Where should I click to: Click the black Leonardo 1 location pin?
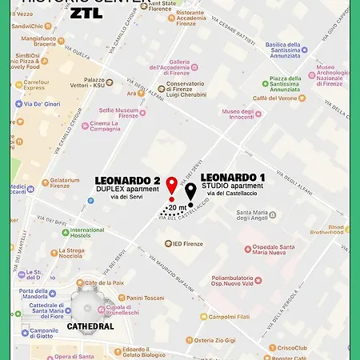pyautogui.click(x=191, y=192)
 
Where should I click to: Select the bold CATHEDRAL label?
pyautogui.click(x=90, y=326)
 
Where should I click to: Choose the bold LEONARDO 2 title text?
pyautogui.click(x=128, y=180)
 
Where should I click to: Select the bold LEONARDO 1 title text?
pyautogui.click(x=233, y=176)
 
